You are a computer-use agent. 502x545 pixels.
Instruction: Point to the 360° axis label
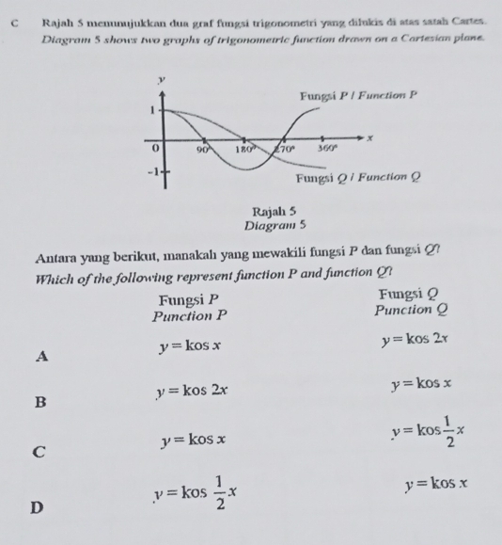(325, 148)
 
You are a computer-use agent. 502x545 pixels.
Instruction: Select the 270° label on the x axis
(285, 148)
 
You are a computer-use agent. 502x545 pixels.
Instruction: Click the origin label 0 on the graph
(158, 148)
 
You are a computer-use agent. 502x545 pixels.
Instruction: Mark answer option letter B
(39, 403)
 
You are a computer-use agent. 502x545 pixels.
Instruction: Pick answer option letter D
(39, 508)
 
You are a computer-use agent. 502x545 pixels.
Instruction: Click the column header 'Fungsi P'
(189, 299)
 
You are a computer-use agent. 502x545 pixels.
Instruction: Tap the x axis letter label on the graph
(369, 137)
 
